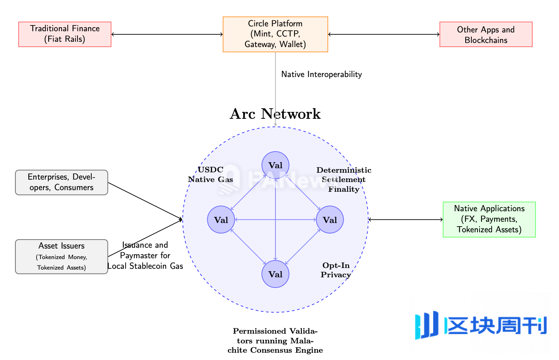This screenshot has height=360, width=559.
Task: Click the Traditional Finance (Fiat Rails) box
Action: coord(65,34)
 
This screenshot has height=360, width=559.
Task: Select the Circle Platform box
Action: coord(275,34)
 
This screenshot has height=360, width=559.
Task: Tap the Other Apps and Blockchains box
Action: coord(486,34)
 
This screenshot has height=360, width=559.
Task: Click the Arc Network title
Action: coord(275,114)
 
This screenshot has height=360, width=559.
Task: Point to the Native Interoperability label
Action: coord(321,75)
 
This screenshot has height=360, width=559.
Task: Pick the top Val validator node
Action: coord(275,165)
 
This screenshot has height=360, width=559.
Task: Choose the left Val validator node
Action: coord(221,220)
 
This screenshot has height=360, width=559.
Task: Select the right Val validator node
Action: coord(330,220)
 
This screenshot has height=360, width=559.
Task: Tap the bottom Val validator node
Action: coord(275,274)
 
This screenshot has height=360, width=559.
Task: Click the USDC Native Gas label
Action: coord(211,175)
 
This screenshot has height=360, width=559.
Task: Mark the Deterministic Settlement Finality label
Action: coord(344,180)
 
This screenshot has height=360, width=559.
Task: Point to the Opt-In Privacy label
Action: coord(336,270)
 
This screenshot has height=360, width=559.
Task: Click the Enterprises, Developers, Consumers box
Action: coord(62,182)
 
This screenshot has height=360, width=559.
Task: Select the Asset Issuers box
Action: coord(62,257)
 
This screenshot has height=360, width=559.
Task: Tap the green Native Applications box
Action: coord(489,219)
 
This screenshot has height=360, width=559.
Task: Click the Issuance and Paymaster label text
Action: coord(145,256)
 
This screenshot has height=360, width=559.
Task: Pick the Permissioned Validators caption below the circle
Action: coord(275,341)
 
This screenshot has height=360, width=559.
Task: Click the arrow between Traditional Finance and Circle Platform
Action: coord(167,34)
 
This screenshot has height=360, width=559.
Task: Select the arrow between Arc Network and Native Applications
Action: coord(406,220)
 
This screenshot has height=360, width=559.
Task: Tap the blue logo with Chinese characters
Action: coord(481,325)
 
